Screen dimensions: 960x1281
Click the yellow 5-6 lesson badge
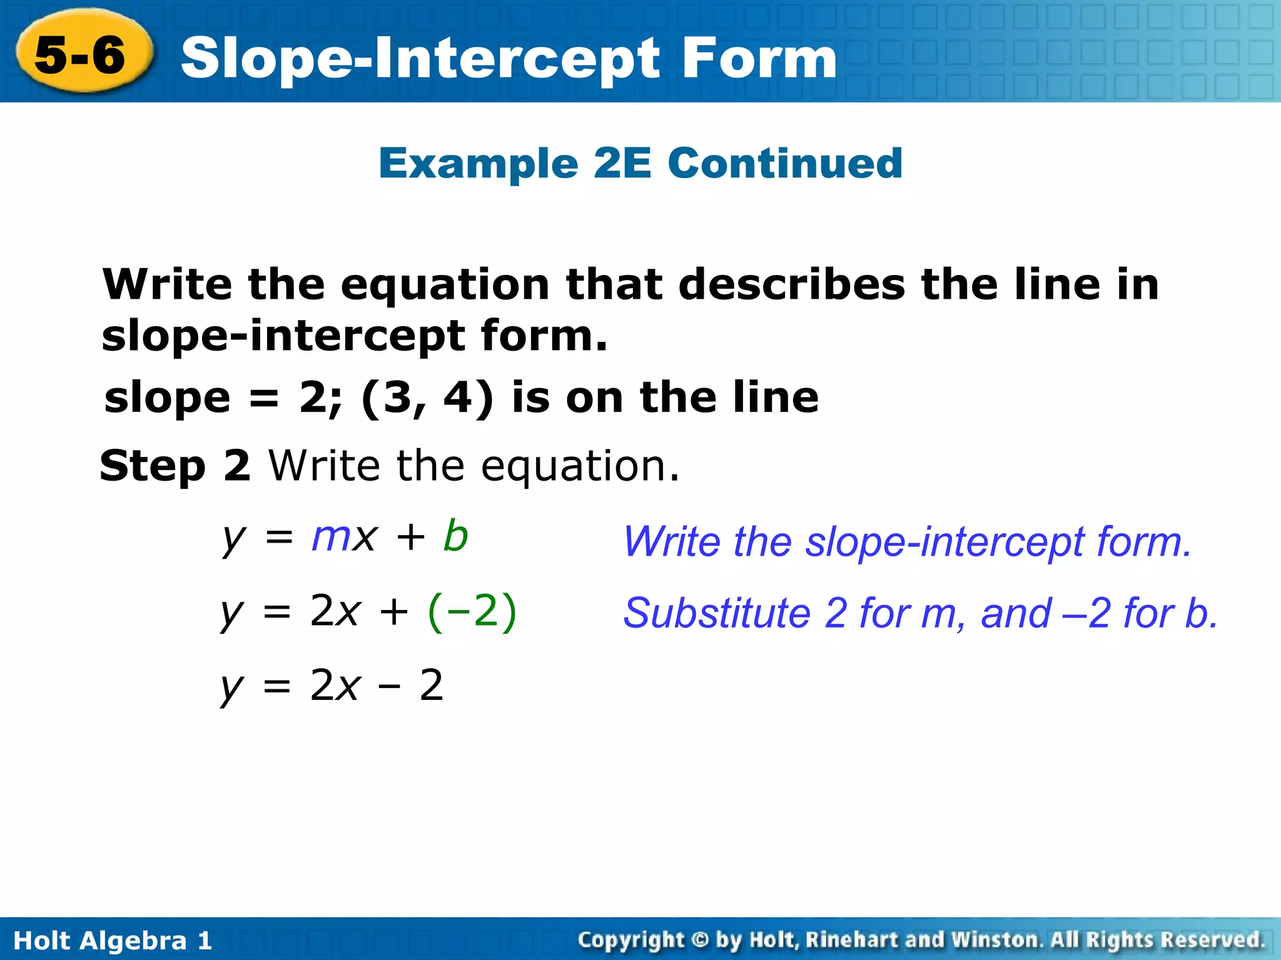[x=81, y=54]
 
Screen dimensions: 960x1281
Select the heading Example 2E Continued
[x=640, y=163]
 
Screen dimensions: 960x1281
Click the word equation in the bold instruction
[x=445, y=285]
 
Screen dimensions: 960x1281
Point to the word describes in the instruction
[x=791, y=284]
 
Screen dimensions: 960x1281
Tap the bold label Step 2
[x=175, y=466]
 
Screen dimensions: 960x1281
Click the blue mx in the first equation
[x=345, y=537]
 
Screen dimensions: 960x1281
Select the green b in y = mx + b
[x=455, y=537]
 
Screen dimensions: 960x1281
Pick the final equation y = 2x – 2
[x=332, y=686]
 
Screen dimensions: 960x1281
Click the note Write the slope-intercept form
[x=907, y=541]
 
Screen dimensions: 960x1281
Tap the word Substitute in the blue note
[x=717, y=613]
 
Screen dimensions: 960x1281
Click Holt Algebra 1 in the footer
[x=113, y=940]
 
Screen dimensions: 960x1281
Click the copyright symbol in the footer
[x=700, y=939]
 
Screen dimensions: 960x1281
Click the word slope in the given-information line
[x=168, y=398]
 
